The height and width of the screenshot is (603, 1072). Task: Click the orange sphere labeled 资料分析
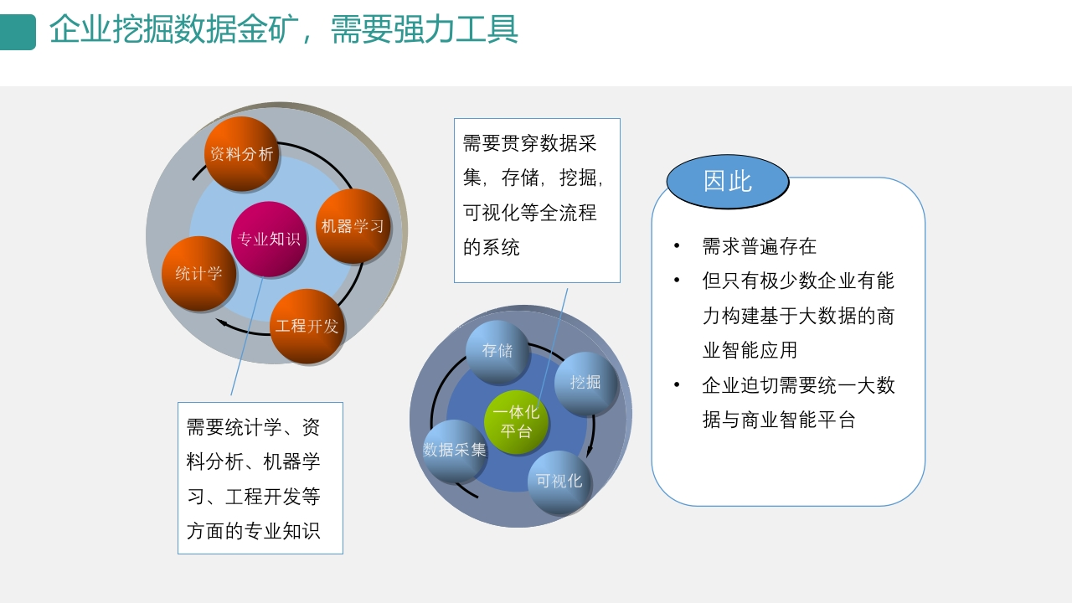pyautogui.click(x=242, y=153)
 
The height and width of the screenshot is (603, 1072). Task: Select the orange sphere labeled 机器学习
pyautogui.click(x=353, y=226)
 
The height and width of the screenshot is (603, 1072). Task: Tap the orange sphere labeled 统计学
pyautogui.click(x=198, y=273)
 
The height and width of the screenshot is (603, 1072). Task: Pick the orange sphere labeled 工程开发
pyautogui.click(x=307, y=326)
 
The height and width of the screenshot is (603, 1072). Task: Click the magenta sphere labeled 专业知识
pyautogui.click(x=269, y=239)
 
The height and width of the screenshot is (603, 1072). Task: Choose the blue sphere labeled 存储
pyautogui.click(x=497, y=351)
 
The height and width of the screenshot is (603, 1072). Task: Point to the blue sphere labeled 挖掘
pyautogui.click(x=585, y=383)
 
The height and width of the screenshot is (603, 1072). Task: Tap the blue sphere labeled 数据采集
pyautogui.click(x=455, y=451)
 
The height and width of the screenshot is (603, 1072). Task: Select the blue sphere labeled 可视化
pyautogui.click(x=559, y=482)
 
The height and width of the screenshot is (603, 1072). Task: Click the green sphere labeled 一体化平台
pyautogui.click(x=516, y=421)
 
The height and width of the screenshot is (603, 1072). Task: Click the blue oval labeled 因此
pyautogui.click(x=728, y=182)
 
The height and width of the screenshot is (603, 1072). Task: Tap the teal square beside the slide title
pyautogui.click(x=18, y=32)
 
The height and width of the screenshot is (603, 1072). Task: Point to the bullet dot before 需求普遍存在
pyautogui.click(x=677, y=246)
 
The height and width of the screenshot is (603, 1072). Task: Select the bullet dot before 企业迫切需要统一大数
pyautogui.click(x=677, y=384)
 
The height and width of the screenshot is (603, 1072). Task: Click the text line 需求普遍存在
pyautogui.click(x=760, y=246)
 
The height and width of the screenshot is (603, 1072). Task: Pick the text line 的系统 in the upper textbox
pyautogui.click(x=491, y=247)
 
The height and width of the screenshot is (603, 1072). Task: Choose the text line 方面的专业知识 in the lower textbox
pyautogui.click(x=253, y=531)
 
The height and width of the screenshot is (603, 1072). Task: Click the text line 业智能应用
pyautogui.click(x=750, y=350)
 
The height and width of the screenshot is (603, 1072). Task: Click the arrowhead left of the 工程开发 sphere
pyautogui.click(x=222, y=322)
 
